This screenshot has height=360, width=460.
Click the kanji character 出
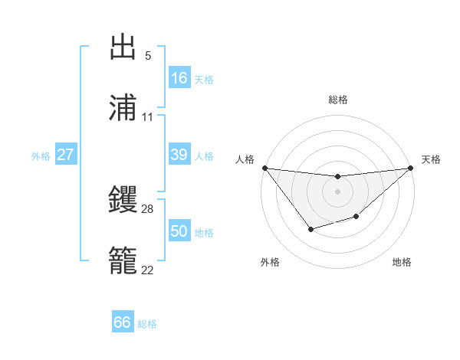coord(123,47)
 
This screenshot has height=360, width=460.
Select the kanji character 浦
coord(123,108)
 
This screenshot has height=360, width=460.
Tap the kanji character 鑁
coord(123,199)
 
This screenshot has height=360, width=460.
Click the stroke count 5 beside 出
coord(147,56)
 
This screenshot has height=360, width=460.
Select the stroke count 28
coord(148,208)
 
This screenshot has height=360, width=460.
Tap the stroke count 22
coord(148,270)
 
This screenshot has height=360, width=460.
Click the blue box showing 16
coord(179,78)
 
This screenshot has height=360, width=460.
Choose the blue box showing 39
coord(179,155)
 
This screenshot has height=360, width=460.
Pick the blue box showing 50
coord(179,231)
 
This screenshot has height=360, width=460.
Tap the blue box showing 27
coord(66,155)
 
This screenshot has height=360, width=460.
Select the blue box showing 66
coord(123,322)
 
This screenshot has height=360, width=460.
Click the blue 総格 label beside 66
coord(147,324)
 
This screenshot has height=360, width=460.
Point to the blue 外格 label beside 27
coord(41,156)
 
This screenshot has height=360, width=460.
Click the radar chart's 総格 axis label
coord(338,100)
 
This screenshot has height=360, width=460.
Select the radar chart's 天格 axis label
coord(431,159)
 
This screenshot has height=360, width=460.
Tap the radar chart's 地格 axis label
coord(402,262)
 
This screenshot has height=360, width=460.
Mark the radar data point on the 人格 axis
coord(264,168)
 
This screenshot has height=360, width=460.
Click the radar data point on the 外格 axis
coord(310,229)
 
